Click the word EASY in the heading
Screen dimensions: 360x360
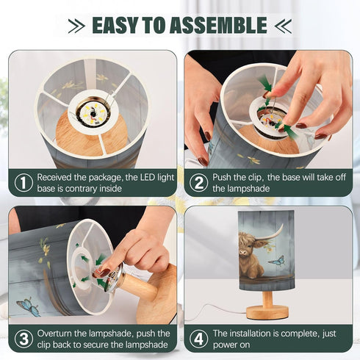pos(115,25)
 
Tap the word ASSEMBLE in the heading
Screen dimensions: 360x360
pos(218,25)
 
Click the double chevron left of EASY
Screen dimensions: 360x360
pos(76,26)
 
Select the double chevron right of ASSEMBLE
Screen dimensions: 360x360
pos(283,26)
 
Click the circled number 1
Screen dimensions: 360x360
pos(24,183)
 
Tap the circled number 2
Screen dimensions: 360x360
pos(198,183)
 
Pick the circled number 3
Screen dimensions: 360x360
pos(24,339)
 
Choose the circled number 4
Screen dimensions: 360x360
pos(198,339)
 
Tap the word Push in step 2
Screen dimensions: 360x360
pos(221,177)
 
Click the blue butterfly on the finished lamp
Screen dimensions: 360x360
pos(277,261)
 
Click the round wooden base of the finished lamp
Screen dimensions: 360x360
pos(267,312)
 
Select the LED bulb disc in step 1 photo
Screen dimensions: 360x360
pos(93,113)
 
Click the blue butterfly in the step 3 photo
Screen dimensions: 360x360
pos(29,307)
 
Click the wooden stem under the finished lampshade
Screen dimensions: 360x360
pos(267,298)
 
